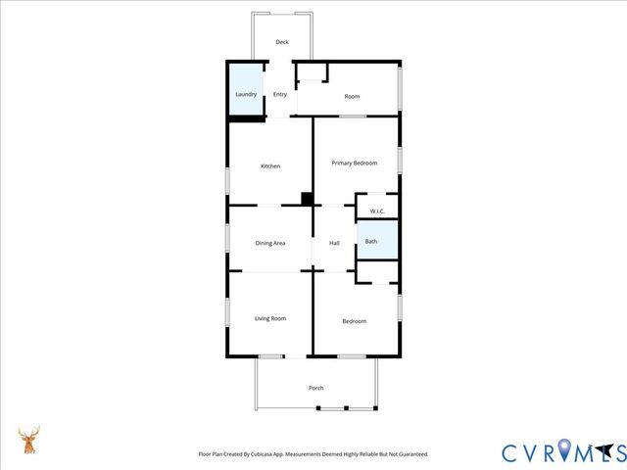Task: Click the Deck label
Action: [x=282, y=42]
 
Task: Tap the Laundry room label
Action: [x=246, y=95]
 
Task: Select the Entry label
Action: [x=280, y=95]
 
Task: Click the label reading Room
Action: [x=352, y=97]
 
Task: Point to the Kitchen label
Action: [x=270, y=166]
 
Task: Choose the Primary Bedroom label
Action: [x=354, y=163]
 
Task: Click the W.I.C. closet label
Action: [x=377, y=211]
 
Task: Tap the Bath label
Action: [x=371, y=241]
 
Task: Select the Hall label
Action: [x=334, y=243]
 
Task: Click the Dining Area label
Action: [x=270, y=243]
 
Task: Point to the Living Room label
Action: [x=270, y=318]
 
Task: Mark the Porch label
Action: [x=316, y=389]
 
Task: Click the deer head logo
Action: [x=30, y=441]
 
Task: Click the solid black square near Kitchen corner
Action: [x=307, y=199]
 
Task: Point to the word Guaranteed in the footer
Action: [x=410, y=454]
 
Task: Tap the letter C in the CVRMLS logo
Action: [x=512, y=452]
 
